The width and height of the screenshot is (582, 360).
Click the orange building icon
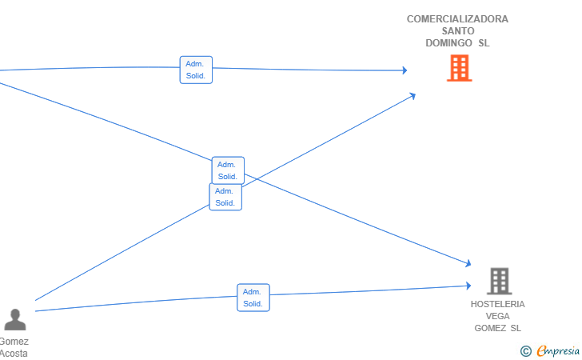point(460,68)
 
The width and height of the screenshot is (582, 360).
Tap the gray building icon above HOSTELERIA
point(499,281)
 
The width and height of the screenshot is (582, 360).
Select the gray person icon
point(15,319)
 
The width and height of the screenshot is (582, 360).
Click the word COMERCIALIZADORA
point(457,19)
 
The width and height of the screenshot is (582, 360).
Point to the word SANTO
point(458,31)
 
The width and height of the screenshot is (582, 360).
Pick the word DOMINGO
point(448,43)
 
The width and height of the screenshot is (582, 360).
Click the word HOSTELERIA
point(498,304)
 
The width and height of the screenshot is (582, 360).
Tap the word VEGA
point(498,316)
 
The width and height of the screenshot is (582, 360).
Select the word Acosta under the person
point(14,354)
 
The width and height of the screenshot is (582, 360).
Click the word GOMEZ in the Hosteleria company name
point(490,328)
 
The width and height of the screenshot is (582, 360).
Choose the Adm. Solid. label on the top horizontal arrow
point(196,70)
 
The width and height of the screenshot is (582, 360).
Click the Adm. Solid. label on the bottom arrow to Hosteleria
point(253,298)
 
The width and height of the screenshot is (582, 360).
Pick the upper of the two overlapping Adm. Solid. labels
point(228,170)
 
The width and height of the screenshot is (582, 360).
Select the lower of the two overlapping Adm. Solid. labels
point(225,197)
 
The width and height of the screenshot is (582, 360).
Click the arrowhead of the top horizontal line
point(405,70)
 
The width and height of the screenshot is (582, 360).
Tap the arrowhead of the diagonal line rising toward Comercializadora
point(412,96)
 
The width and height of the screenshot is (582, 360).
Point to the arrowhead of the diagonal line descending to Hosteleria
point(468,263)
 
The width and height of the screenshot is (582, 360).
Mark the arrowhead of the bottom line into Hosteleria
point(468,286)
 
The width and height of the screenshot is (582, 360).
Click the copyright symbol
point(526,350)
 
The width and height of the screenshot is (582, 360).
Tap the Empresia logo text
point(558,350)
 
